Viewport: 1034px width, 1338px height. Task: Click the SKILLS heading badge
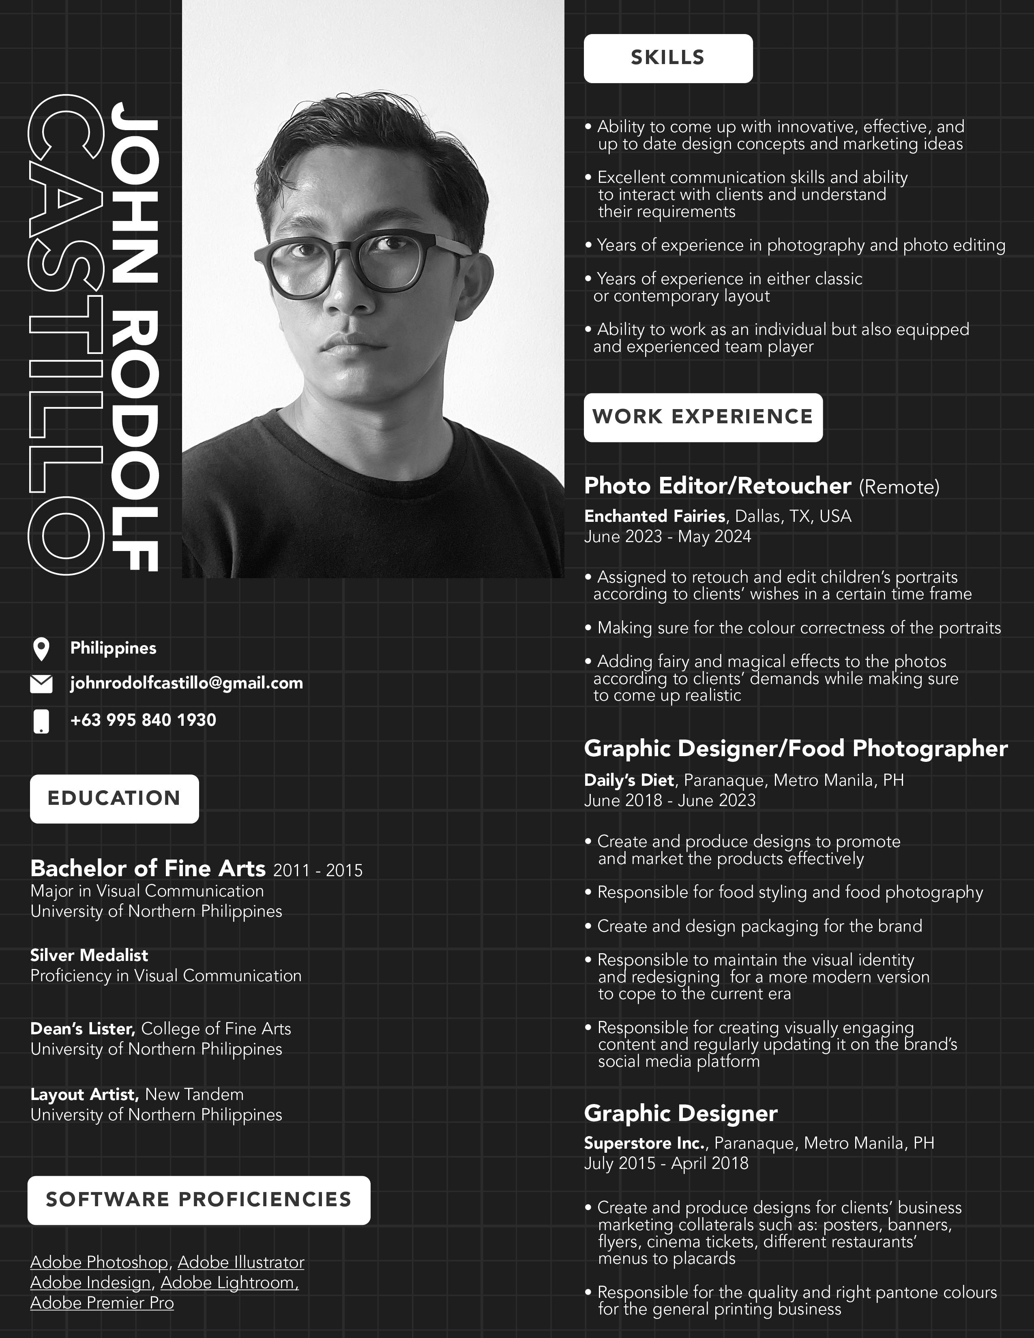[x=668, y=58]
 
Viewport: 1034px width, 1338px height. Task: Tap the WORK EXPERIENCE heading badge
[x=703, y=417]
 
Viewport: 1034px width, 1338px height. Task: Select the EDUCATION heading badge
[x=114, y=798]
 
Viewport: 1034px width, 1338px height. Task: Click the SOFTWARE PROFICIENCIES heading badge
[x=198, y=1200]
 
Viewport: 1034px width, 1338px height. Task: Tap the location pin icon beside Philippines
[x=41, y=649]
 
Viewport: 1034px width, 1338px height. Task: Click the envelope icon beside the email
[x=41, y=684]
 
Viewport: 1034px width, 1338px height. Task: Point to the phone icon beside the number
[x=41, y=721]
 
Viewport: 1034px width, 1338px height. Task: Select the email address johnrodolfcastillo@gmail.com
[x=186, y=683]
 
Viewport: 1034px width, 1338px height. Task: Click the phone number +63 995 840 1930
[x=143, y=720]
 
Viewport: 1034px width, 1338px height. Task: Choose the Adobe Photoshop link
[x=99, y=1263]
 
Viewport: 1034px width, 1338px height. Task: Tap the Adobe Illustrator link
[x=241, y=1263]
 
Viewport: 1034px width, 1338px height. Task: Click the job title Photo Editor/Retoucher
[x=717, y=486]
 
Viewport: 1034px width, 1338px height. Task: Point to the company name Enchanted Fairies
[x=654, y=517]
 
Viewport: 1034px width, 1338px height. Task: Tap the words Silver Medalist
[x=89, y=955]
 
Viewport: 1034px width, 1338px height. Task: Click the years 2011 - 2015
[x=318, y=871]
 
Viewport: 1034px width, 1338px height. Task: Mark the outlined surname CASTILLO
[x=66, y=334]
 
